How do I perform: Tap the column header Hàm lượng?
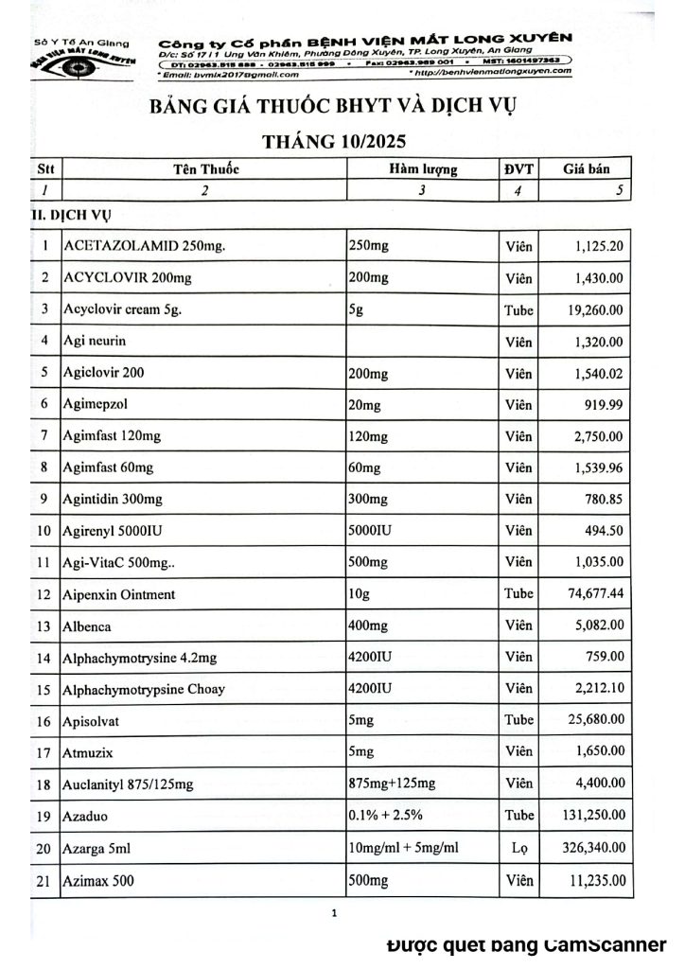point(422,169)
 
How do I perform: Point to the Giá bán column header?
point(585,169)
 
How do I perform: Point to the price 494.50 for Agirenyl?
point(601,530)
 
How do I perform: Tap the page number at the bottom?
point(335,913)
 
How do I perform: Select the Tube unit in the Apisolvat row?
point(519,721)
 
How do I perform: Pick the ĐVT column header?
point(519,169)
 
